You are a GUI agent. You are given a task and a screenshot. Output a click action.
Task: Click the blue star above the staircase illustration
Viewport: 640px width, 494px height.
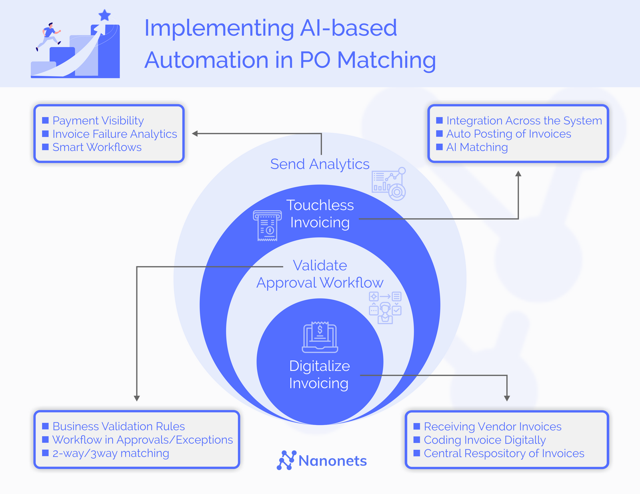[x=104, y=16]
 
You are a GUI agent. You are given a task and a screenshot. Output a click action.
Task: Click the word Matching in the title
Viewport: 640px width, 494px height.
[x=386, y=60]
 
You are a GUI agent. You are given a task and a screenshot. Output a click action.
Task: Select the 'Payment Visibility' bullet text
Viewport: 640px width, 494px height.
[x=98, y=120]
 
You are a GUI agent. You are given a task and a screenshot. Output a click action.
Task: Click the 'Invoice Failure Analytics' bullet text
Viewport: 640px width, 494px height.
[x=114, y=134]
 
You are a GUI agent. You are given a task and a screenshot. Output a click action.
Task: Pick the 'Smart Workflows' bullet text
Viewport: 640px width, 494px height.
[x=97, y=147]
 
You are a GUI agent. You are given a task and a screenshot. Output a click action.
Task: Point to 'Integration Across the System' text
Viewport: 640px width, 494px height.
[x=524, y=120]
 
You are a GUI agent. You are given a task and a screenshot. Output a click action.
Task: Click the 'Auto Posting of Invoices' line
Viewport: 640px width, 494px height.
[x=508, y=134]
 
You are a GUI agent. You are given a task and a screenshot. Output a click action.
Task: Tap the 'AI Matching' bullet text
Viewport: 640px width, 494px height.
[x=477, y=147]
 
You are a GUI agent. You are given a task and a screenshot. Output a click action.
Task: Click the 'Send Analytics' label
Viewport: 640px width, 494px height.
[x=320, y=164]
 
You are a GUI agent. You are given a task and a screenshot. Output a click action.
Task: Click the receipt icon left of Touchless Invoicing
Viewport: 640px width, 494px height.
[x=267, y=226]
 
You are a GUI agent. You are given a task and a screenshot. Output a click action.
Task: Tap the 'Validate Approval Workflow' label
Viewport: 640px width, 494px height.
[x=320, y=274]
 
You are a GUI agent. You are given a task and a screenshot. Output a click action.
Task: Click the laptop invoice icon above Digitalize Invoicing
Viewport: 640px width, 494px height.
[x=320, y=337]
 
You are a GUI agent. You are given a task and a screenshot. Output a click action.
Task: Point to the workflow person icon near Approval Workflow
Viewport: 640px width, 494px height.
[x=385, y=308]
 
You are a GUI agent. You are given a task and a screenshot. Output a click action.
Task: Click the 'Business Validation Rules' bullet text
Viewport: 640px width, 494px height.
[x=118, y=426]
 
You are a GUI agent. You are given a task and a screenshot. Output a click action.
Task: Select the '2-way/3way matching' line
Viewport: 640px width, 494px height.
[x=110, y=453]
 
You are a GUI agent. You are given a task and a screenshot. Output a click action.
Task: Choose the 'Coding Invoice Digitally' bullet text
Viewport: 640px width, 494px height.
[x=484, y=440]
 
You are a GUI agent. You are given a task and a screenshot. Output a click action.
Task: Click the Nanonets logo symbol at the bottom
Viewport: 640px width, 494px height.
[x=286, y=460]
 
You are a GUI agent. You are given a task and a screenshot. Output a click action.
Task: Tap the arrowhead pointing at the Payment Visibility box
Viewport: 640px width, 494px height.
[x=195, y=133]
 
